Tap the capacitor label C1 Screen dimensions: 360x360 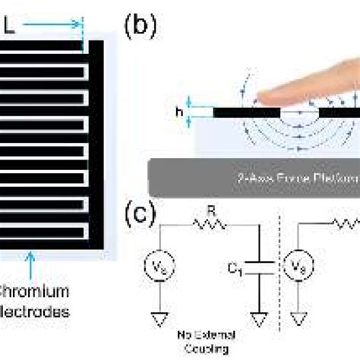coord(240,268)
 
